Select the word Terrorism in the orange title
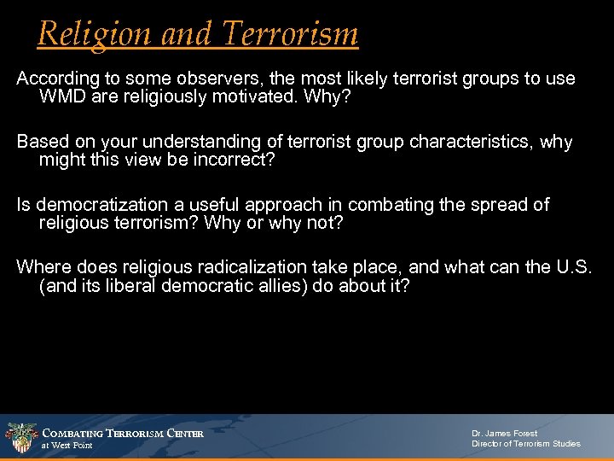point(290,34)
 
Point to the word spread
point(481,205)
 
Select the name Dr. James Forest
point(505,433)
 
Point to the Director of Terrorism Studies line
point(526,444)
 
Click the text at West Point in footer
point(67,446)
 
